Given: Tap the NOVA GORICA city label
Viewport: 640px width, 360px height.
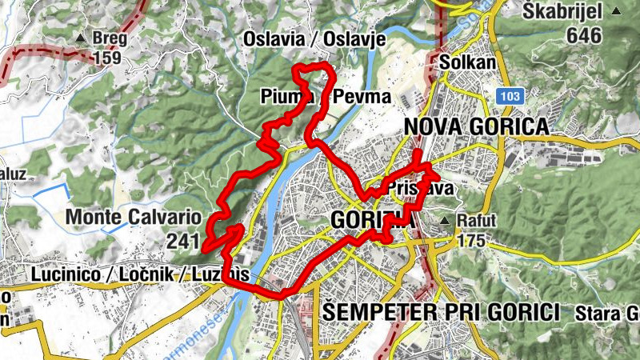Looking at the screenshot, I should coord(476,126).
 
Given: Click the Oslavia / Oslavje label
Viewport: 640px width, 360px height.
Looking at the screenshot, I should coord(314,39).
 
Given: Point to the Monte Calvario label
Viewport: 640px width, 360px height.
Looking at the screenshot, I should coord(133,216).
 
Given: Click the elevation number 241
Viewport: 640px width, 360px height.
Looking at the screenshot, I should coord(185,240).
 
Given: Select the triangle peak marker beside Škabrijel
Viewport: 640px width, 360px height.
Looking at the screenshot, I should coord(616,11).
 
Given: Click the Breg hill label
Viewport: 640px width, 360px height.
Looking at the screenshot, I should coord(110,38).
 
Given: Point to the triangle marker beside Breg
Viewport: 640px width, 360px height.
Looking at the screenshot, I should coord(80,38).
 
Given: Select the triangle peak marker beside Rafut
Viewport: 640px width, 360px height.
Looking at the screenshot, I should coord(446,220).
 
